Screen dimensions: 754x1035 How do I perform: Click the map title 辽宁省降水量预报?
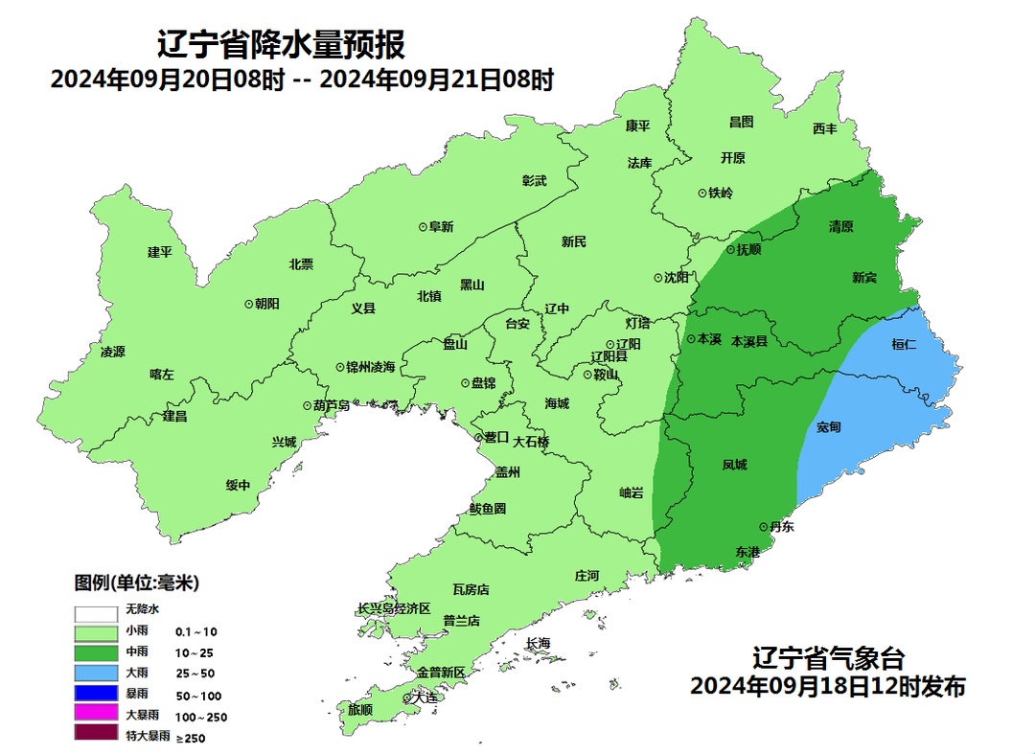281,44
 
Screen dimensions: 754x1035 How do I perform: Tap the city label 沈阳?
677,278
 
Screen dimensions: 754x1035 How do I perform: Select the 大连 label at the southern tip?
424,697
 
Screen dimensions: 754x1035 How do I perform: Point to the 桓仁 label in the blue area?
904,344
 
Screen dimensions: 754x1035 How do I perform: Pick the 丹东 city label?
781,527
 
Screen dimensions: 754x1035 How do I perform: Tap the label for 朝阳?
267,303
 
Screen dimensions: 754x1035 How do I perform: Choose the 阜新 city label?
441,227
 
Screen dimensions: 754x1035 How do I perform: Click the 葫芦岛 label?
332,405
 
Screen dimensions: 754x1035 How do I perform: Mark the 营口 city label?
496,437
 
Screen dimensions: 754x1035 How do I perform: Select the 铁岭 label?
721,193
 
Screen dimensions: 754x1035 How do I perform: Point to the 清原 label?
840,227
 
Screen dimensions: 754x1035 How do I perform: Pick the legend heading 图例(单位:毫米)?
136,583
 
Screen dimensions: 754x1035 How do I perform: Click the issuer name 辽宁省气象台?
828,658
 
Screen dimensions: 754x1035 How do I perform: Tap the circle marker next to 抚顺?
728,249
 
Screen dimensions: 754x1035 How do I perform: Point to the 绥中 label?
238,485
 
